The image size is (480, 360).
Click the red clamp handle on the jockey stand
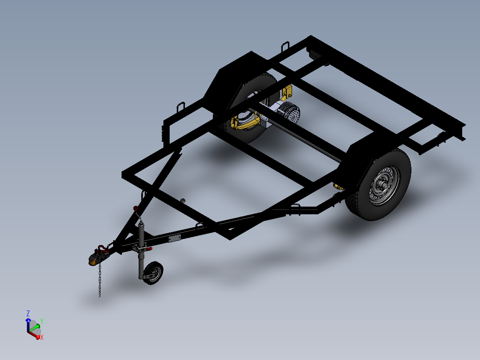[x=149, y=249]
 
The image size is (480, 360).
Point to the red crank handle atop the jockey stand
[x=135, y=208]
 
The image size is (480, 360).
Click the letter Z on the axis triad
[x=28, y=313]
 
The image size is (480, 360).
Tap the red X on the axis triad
[x=42, y=338]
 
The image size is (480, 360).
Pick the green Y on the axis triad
[x=42, y=321]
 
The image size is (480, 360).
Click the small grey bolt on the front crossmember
[x=182, y=200]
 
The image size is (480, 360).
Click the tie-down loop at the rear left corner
[x=285, y=46]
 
